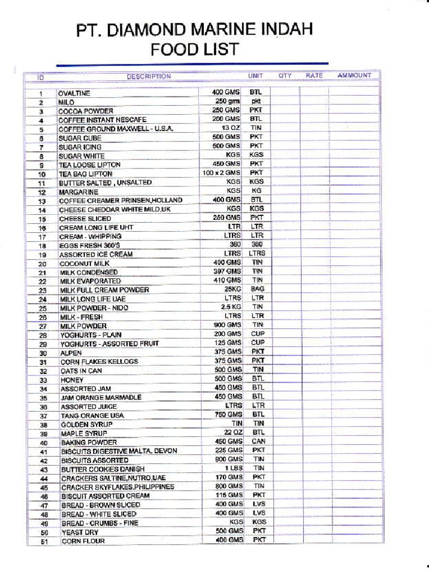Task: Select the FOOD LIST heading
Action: pyautogui.click(x=194, y=50)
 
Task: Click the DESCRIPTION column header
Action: pyautogui.click(x=149, y=76)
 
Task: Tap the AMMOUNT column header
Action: pyautogui.click(x=354, y=75)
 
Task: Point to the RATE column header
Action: pyautogui.click(x=314, y=75)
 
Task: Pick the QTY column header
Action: pyautogui.click(x=285, y=75)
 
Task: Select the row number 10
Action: pyautogui.click(x=41, y=174)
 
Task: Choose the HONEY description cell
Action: pyautogui.click(x=72, y=380)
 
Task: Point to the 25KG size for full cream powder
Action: pyautogui.click(x=232, y=289)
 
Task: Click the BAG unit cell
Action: pyautogui.click(x=258, y=289)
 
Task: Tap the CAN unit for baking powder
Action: pyautogui.click(x=258, y=441)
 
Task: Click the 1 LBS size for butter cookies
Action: pyautogui.click(x=233, y=468)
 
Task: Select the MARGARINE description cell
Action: pyautogui.click(x=79, y=192)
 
